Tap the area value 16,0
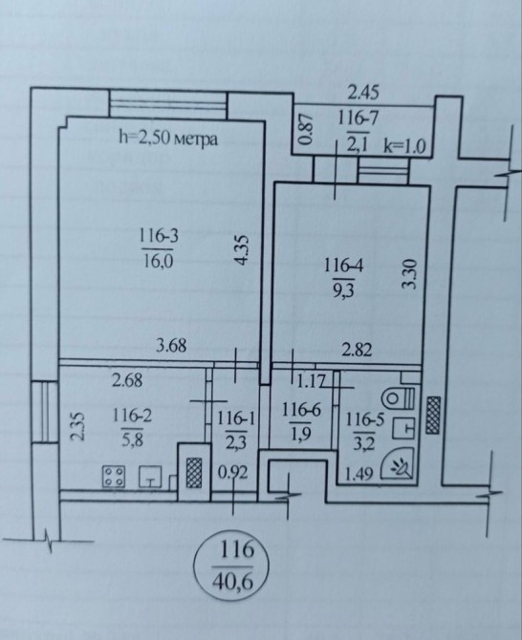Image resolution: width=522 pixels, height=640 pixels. pos(158,261)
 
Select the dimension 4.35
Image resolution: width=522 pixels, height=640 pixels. pos(242,250)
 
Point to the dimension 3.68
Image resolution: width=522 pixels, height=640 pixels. pos(171,346)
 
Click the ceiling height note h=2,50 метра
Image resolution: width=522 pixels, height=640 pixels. pos(168,139)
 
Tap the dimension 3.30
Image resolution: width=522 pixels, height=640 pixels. pos(409,274)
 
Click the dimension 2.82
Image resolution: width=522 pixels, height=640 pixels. pos(357,351)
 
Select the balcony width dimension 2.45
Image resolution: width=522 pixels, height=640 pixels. pos(363,93)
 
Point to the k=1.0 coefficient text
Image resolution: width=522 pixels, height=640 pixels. pos(404,146)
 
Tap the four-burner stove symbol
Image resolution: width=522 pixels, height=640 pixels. pos(114,477)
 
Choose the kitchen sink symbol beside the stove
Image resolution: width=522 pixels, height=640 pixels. pos(151,477)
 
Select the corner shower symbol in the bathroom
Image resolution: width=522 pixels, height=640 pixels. pos(397,463)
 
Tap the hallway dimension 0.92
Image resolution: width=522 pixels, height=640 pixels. pos(233,473)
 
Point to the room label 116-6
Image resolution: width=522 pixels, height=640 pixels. pos(301,410)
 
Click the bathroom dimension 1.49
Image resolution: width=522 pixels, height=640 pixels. pos(359,474)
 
